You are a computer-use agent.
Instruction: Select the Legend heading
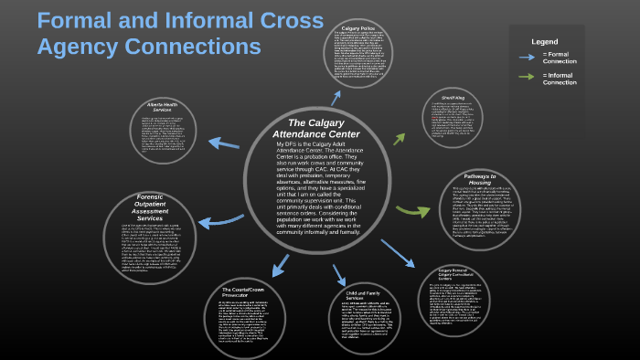[545, 41]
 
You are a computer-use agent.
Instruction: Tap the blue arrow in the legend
[528, 56]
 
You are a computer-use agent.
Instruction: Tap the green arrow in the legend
[528, 76]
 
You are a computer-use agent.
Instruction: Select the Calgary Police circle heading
[360, 29]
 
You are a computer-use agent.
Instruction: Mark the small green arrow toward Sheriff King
[400, 139]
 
